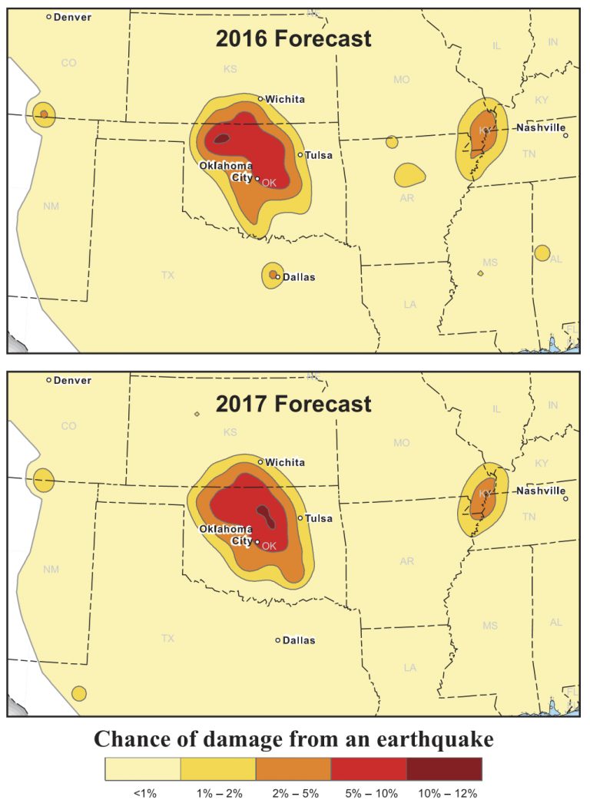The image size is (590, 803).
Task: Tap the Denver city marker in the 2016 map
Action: tap(49, 16)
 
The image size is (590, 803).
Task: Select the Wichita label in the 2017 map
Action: tap(285, 462)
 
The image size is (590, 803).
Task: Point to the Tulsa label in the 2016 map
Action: tap(318, 155)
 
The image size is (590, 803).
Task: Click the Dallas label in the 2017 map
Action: tap(299, 640)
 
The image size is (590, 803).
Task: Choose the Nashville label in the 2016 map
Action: tap(541, 127)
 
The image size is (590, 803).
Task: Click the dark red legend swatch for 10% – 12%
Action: tap(444, 768)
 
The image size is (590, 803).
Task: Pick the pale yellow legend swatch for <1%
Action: tap(143, 768)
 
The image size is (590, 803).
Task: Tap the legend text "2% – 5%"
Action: tap(293, 793)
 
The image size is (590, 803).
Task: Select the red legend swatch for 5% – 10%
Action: tap(369, 768)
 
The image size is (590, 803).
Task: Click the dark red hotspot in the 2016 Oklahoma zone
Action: tap(221, 139)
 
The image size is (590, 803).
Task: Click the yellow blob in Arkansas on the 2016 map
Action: tap(409, 175)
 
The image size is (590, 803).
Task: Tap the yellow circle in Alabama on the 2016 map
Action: tap(542, 253)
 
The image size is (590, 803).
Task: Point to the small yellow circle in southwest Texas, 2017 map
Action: tap(78, 693)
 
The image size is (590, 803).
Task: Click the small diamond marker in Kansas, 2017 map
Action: tap(197, 414)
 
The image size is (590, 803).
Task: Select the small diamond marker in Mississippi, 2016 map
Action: tap(480, 273)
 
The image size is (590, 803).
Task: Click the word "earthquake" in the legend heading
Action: tap(435, 739)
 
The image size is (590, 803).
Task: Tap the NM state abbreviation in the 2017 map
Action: tap(51, 569)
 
